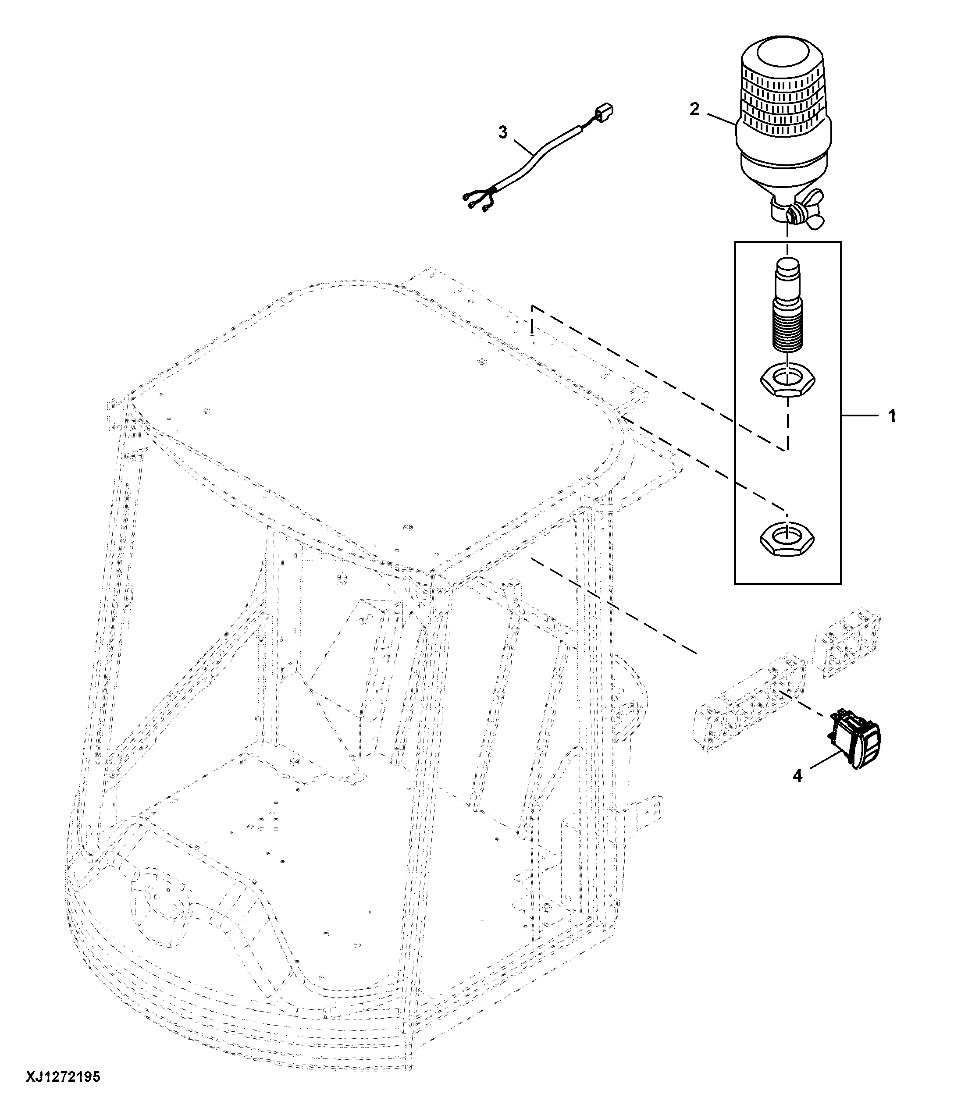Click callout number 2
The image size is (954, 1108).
point(694,110)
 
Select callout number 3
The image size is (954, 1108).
point(502,132)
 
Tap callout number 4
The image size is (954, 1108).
point(797,775)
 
